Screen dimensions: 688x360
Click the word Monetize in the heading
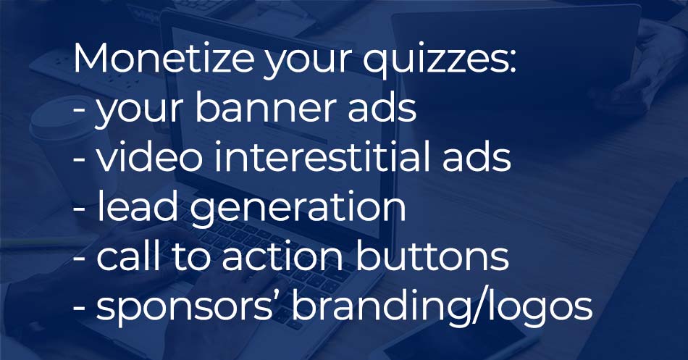163,59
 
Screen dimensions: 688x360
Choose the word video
149,156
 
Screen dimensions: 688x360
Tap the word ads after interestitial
477,156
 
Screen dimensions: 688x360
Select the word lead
138,206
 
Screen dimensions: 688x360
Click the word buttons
432,255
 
